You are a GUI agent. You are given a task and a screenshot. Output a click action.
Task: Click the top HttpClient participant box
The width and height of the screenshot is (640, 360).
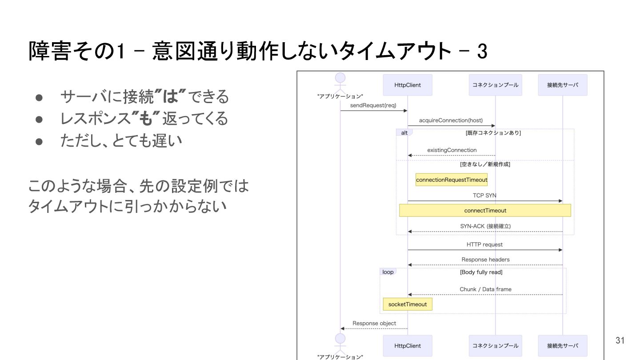407,85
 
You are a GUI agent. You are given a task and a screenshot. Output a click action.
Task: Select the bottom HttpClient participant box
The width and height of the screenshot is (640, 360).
407,345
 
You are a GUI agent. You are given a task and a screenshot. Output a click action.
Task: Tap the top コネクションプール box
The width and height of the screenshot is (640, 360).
495,85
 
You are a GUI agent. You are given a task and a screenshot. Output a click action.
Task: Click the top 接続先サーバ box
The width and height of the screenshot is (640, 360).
562,85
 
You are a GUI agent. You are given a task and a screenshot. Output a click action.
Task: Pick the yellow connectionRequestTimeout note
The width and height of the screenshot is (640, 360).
452,180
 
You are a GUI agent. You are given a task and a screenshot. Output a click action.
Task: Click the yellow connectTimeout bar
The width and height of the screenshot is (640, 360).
485,210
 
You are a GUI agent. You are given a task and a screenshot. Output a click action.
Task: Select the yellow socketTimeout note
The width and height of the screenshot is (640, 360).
407,304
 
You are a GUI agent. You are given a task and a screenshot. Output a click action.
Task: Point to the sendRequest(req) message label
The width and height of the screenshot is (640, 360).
373,105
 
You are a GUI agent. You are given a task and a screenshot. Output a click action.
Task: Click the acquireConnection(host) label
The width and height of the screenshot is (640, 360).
451,120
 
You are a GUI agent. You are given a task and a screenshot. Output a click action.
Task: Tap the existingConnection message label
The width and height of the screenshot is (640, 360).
452,150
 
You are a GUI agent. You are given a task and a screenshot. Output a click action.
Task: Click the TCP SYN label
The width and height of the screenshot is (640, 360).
484,196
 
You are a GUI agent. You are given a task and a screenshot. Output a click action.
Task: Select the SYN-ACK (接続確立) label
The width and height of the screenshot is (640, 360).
485,226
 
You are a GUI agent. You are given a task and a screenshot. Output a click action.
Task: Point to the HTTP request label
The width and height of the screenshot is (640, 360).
484,244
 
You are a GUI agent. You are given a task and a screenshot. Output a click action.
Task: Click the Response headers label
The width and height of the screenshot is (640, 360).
485,260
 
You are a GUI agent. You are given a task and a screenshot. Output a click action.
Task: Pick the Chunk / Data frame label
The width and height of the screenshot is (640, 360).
485,289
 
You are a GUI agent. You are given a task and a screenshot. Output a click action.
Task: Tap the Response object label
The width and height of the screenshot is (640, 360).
374,323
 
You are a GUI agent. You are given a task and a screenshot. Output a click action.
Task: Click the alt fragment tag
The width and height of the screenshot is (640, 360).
404,133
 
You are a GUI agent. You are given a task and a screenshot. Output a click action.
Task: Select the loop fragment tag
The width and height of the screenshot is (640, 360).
388,272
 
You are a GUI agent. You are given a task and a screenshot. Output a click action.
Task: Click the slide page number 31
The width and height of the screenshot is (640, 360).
620,340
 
